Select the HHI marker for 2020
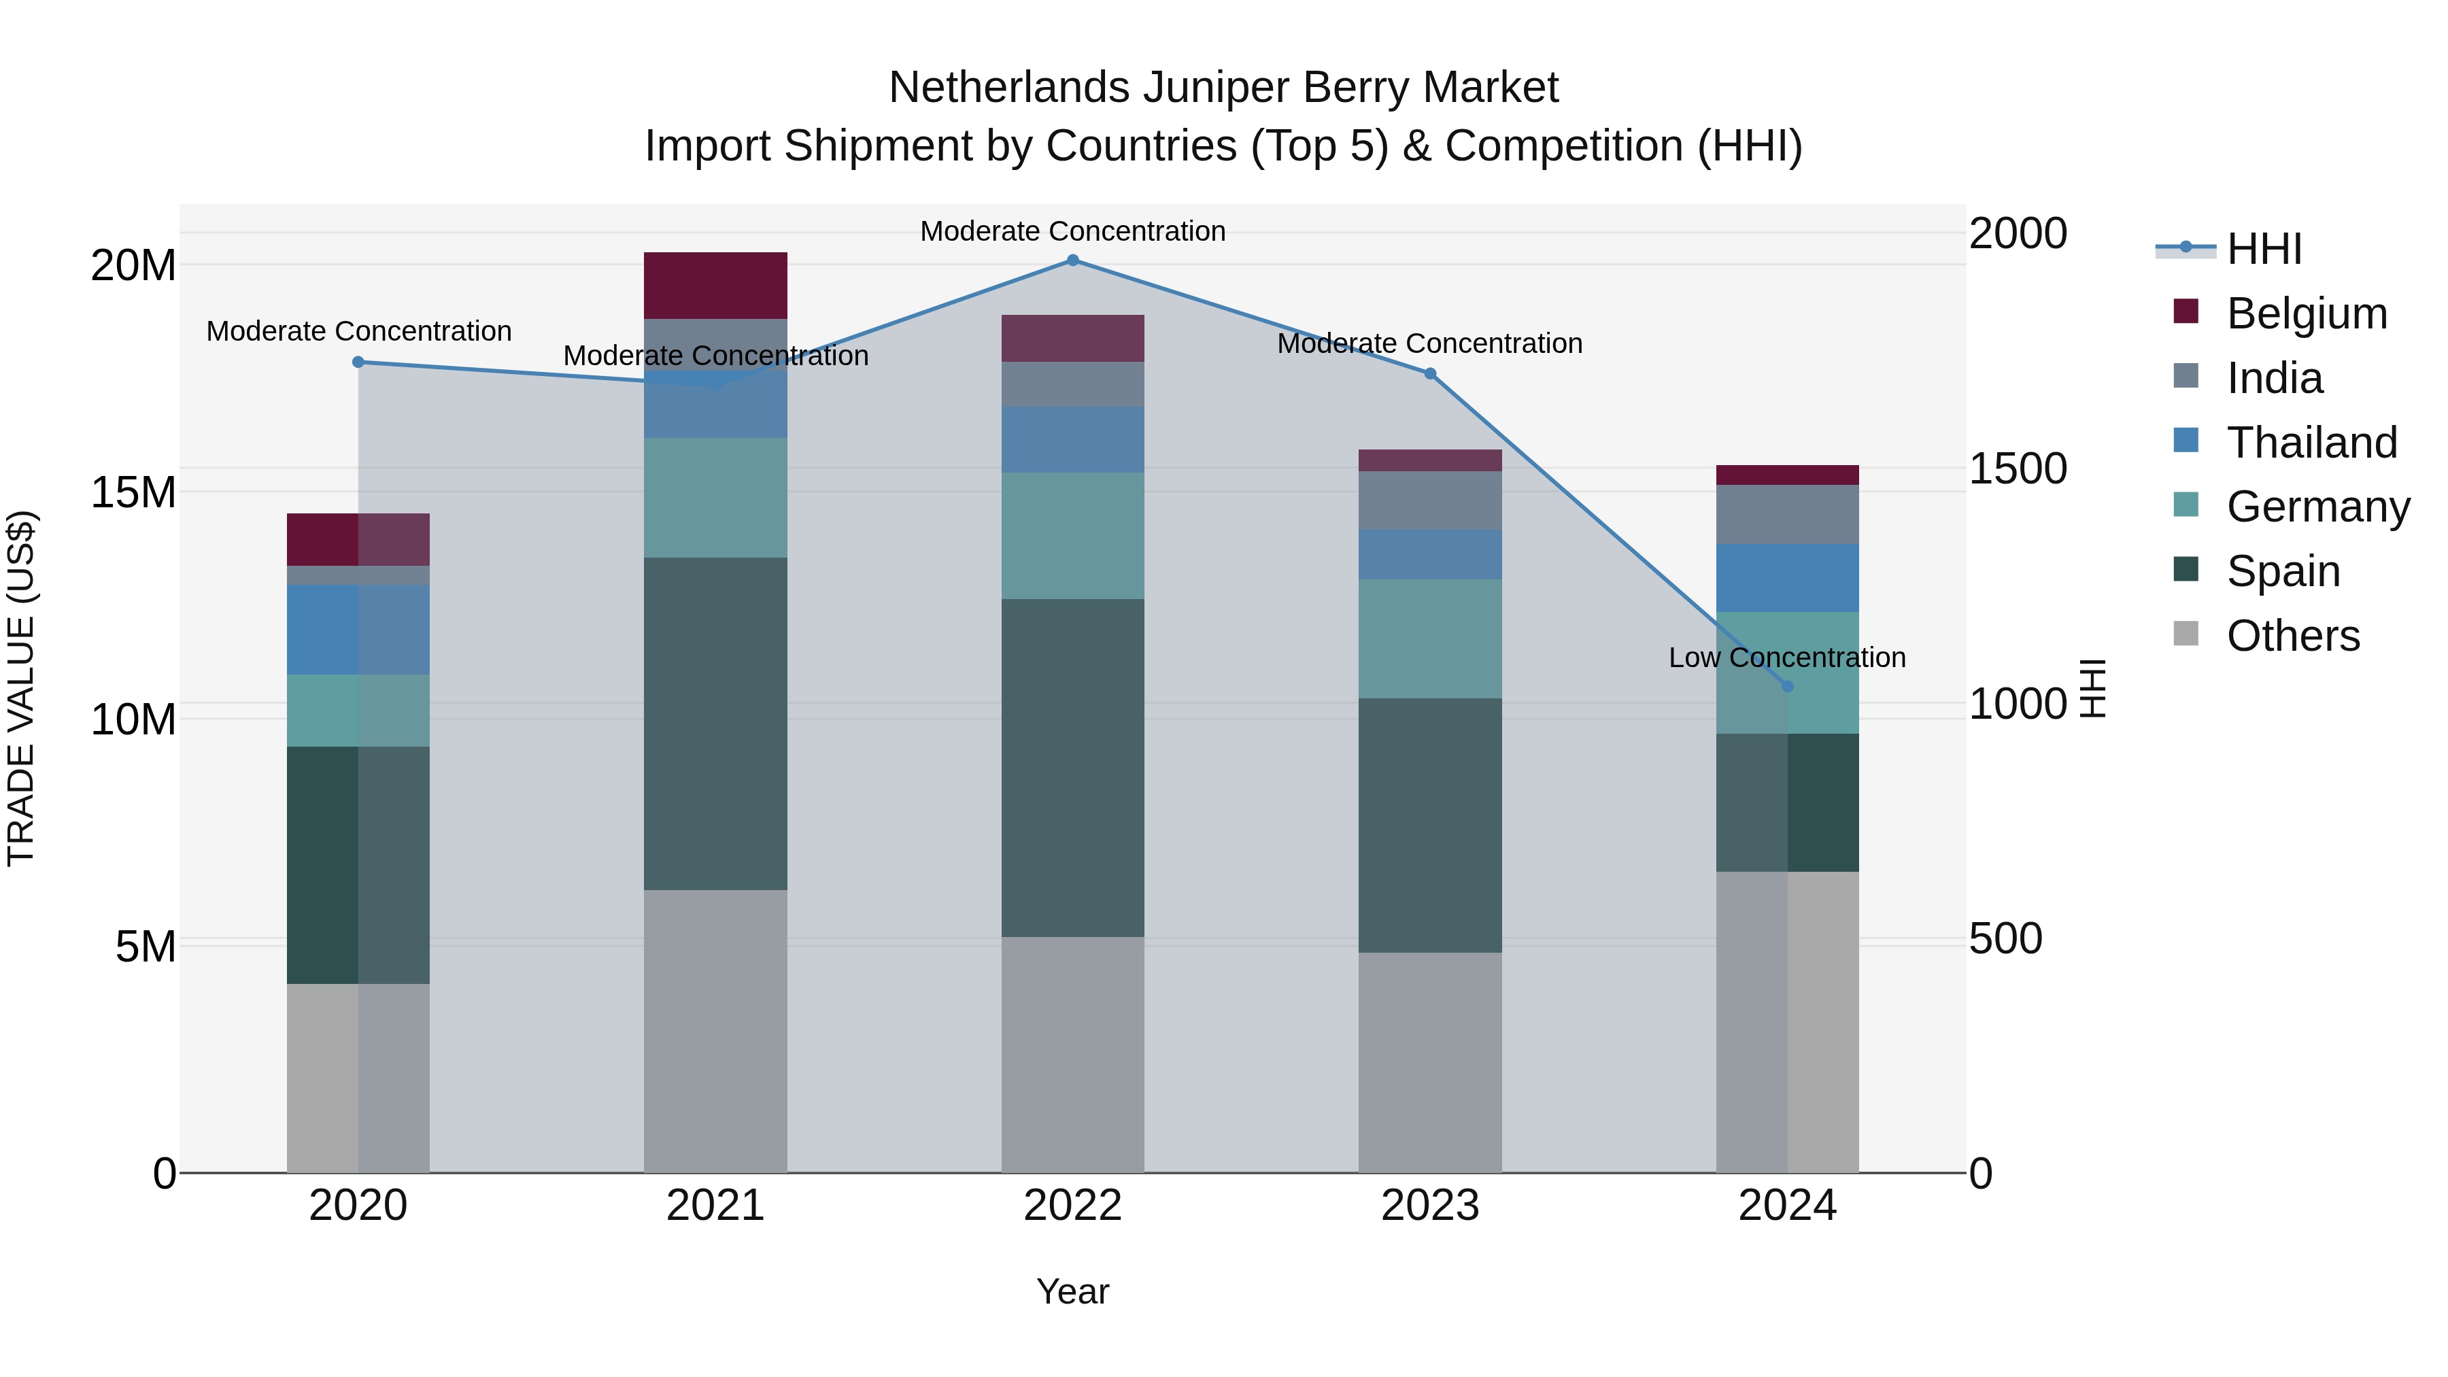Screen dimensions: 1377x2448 point(358,362)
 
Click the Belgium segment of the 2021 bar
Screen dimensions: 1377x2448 point(715,285)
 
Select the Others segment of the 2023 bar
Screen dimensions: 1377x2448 point(1429,1062)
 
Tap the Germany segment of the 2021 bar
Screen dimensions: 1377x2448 point(715,497)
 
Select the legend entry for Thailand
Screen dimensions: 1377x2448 point(2311,443)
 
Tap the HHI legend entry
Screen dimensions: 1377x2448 point(2264,249)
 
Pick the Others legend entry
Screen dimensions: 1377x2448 point(2292,636)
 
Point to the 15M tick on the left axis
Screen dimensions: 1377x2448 point(133,492)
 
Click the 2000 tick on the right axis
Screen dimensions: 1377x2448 point(2018,234)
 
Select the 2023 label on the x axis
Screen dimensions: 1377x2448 point(1429,1206)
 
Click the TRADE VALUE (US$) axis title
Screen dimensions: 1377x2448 point(21,688)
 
